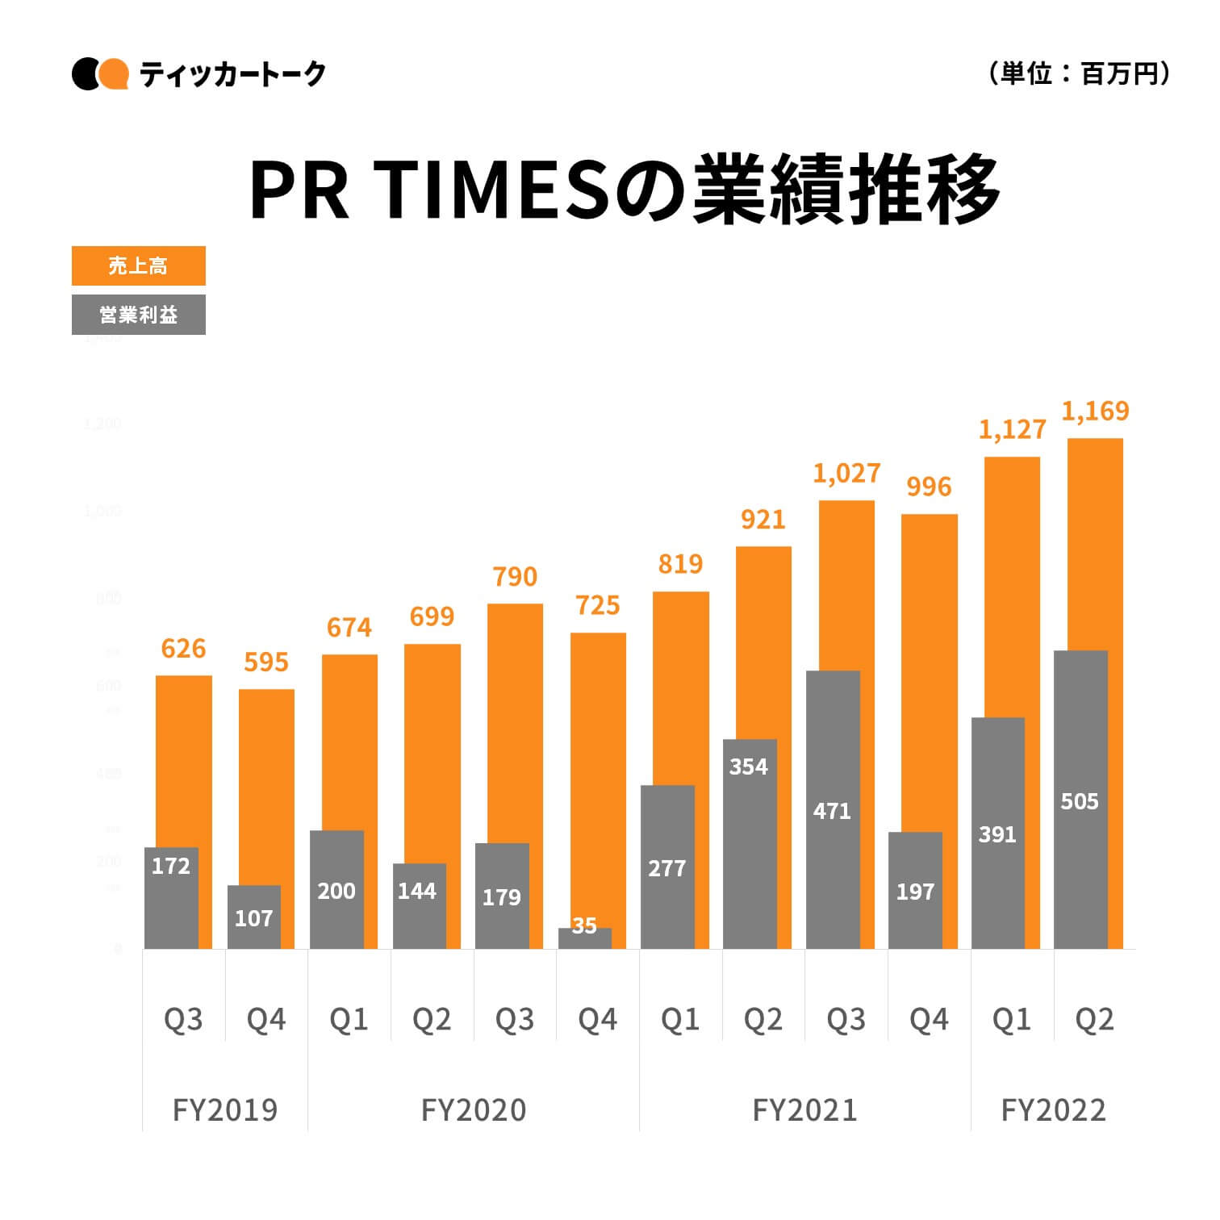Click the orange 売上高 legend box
click(138, 265)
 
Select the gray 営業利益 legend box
click(138, 315)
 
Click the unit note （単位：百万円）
click(1079, 74)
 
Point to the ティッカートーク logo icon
click(100, 74)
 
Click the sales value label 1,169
click(1095, 412)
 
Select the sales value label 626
click(183, 649)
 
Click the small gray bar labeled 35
click(584, 938)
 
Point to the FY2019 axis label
click(225, 1110)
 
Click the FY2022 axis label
click(1053, 1110)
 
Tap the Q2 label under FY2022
click(1094, 1020)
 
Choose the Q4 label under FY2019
click(266, 1020)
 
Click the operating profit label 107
click(253, 918)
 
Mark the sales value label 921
click(762, 520)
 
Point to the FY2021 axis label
click(804, 1110)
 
